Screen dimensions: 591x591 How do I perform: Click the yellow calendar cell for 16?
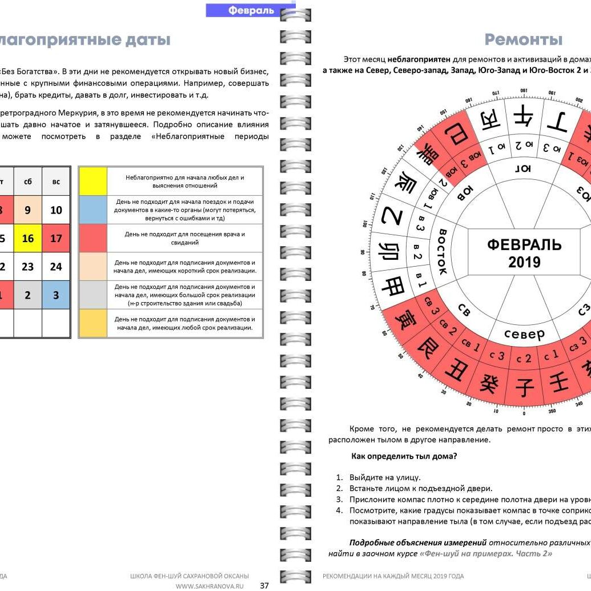(x=28, y=238)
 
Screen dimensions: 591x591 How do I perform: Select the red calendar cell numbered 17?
(x=56, y=238)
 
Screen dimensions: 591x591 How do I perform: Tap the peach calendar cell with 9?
(x=28, y=210)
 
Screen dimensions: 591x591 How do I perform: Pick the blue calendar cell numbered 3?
(x=56, y=295)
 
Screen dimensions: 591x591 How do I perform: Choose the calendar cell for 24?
(x=56, y=267)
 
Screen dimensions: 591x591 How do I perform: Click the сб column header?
(x=28, y=182)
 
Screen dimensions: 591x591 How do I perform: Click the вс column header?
(x=56, y=182)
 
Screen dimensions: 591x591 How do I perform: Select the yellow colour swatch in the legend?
(x=93, y=182)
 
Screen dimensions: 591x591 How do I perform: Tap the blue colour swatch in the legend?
(x=93, y=210)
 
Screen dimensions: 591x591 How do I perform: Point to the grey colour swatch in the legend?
(x=93, y=295)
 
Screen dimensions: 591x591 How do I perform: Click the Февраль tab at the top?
(x=251, y=10)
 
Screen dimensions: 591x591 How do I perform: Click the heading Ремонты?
(x=524, y=39)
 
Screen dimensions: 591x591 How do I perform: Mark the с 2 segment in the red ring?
(x=524, y=359)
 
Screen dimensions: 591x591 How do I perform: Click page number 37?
(x=264, y=585)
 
